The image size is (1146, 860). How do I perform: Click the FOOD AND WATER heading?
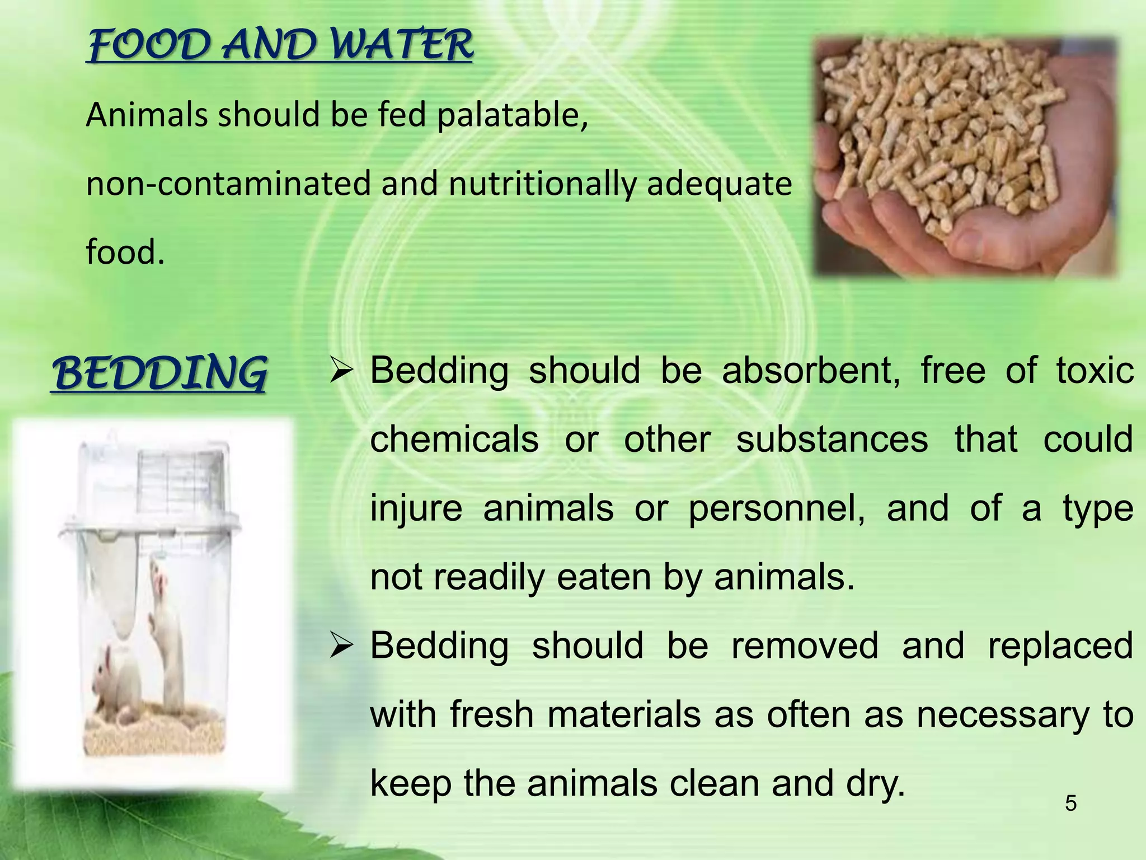point(280,46)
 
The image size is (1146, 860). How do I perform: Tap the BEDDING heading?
point(159,374)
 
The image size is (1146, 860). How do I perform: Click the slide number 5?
point(1070,804)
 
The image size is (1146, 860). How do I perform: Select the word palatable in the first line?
point(511,116)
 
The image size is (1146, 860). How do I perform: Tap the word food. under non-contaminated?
point(125,253)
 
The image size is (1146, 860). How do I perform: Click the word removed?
point(805,646)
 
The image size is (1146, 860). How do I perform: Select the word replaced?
point(1060,646)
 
